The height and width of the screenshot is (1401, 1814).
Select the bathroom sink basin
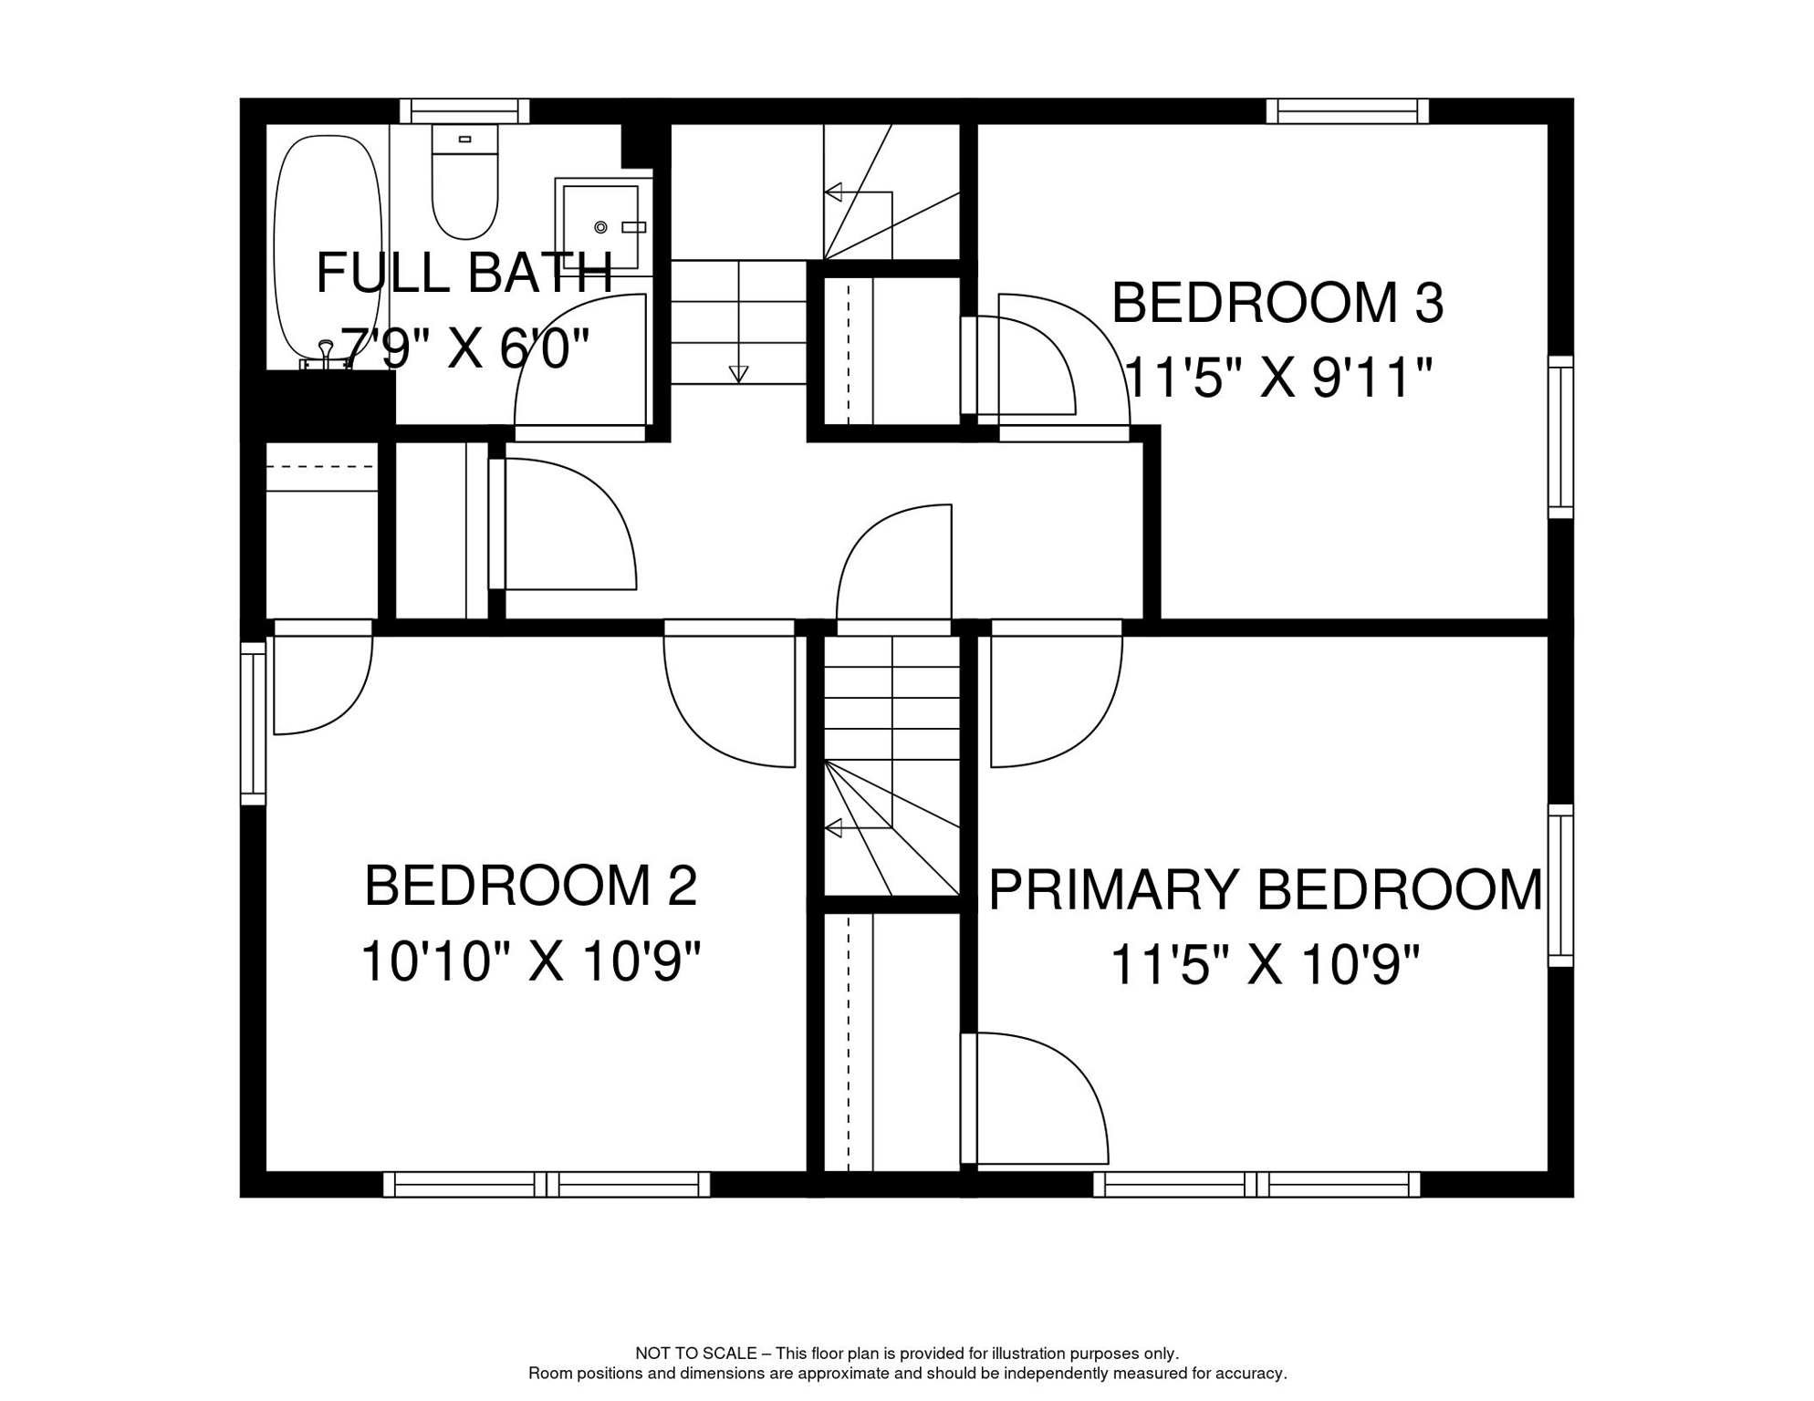(x=599, y=225)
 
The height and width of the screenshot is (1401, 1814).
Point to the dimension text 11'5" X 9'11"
(x=1278, y=377)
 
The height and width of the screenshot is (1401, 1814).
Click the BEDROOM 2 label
(x=530, y=886)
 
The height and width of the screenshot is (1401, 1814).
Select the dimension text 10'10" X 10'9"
(x=530, y=961)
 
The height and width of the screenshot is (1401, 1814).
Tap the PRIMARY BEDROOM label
(x=1265, y=890)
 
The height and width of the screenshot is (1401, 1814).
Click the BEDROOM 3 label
(x=1277, y=303)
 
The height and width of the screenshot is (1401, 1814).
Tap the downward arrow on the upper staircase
(x=738, y=373)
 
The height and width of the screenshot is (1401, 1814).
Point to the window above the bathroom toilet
(x=464, y=111)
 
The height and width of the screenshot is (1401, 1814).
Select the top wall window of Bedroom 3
(x=1347, y=111)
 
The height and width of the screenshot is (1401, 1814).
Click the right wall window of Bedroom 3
(x=1560, y=437)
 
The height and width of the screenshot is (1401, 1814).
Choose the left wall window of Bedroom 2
(x=253, y=723)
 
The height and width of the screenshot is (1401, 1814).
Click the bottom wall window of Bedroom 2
(x=546, y=1185)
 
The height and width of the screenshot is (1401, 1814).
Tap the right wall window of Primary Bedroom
(x=1560, y=885)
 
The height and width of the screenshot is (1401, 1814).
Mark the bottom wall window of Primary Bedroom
(x=1256, y=1185)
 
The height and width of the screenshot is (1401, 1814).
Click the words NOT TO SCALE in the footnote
(x=695, y=1354)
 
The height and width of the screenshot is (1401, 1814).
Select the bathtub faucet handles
(x=326, y=357)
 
